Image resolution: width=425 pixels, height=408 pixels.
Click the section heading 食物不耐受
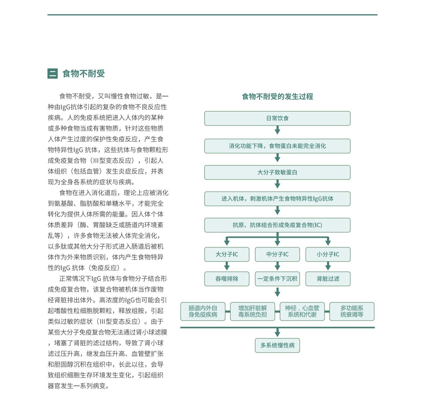[x=83, y=73]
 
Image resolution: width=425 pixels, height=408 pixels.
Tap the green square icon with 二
[x=53, y=73]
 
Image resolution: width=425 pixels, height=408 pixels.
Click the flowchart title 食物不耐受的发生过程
[x=277, y=97]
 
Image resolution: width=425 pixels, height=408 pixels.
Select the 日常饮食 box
[x=277, y=118]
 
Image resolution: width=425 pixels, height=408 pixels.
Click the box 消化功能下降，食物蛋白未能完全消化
[x=277, y=146]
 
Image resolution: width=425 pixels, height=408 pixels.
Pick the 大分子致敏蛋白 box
[x=277, y=172]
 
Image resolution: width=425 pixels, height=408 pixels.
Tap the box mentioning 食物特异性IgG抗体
[x=277, y=199]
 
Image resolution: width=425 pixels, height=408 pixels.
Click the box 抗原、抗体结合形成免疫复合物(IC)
[x=277, y=225]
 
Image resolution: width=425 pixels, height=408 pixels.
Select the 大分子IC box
[x=227, y=254]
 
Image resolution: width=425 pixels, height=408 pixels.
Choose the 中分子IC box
[x=277, y=254]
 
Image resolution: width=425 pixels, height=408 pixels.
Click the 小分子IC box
[x=328, y=254]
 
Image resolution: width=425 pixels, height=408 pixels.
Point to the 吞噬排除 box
[x=227, y=279]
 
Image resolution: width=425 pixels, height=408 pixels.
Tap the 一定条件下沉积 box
[x=277, y=279]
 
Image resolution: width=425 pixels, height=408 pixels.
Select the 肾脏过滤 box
[x=328, y=279]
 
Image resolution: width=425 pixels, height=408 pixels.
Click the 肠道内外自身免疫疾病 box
[x=203, y=311]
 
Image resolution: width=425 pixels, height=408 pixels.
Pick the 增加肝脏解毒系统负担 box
[x=252, y=311]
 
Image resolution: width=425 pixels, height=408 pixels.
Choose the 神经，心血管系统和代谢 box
[x=302, y=311]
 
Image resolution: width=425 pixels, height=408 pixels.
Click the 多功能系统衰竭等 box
[x=352, y=311]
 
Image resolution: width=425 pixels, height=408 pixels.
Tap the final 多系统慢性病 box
[x=277, y=345]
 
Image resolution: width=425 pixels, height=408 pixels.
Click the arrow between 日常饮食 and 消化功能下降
[x=277, y=130]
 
